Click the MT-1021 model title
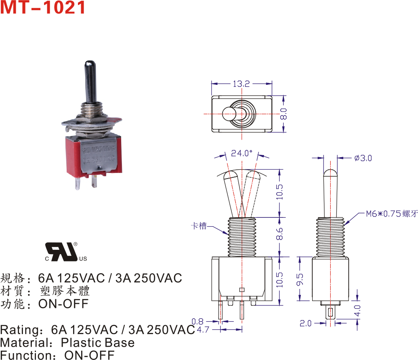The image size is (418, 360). (x=43, y=8)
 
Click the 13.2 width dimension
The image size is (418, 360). (x=241, y=84)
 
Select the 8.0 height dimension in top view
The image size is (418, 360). (x=284, y=114)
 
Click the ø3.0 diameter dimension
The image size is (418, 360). (x=363, y=158)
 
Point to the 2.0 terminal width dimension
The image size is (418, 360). (x=306, y=323)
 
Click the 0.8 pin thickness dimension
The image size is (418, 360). (x=197, y=322)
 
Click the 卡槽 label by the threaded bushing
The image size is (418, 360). (x=198, y=226)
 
